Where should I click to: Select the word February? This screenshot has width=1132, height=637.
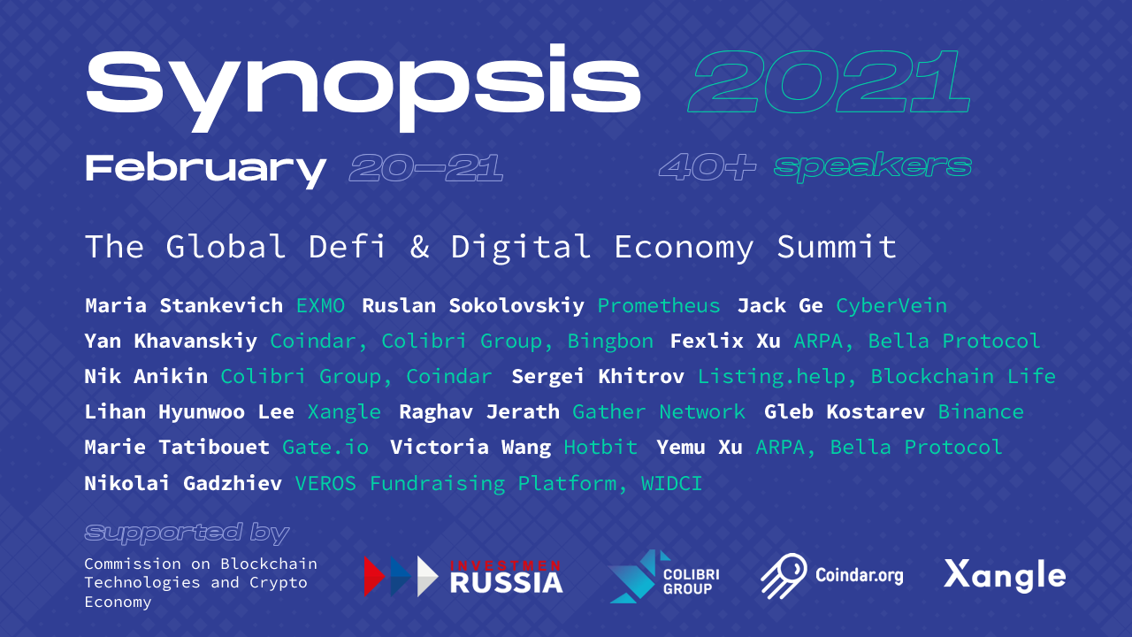coord(205,167)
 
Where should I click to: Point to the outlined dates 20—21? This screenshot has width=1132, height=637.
coord(426,167)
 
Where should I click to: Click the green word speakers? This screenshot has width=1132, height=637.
coord(872,166)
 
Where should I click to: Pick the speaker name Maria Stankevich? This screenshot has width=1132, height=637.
coord(184,306)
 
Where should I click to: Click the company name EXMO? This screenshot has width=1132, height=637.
coord(321,306)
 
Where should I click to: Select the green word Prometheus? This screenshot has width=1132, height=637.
coord(659,306)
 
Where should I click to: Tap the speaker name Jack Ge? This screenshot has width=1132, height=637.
coord(780,306)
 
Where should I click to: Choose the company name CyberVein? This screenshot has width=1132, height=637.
coord(891,306)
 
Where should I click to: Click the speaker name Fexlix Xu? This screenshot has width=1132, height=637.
coord(725,342)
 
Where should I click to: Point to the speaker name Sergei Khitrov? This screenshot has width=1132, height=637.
coord(598,377)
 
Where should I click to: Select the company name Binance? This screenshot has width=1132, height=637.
coord(981,412)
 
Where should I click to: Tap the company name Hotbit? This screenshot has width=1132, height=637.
coord(600,448)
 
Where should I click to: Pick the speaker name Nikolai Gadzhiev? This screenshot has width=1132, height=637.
coord(183,483)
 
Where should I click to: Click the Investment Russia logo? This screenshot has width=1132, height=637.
coord(463,576)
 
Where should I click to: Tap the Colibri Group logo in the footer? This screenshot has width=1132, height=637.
coord(663,576)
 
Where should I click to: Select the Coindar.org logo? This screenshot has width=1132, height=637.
coord(832,576)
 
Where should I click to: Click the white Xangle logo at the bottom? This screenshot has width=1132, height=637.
coord(1005,576)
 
